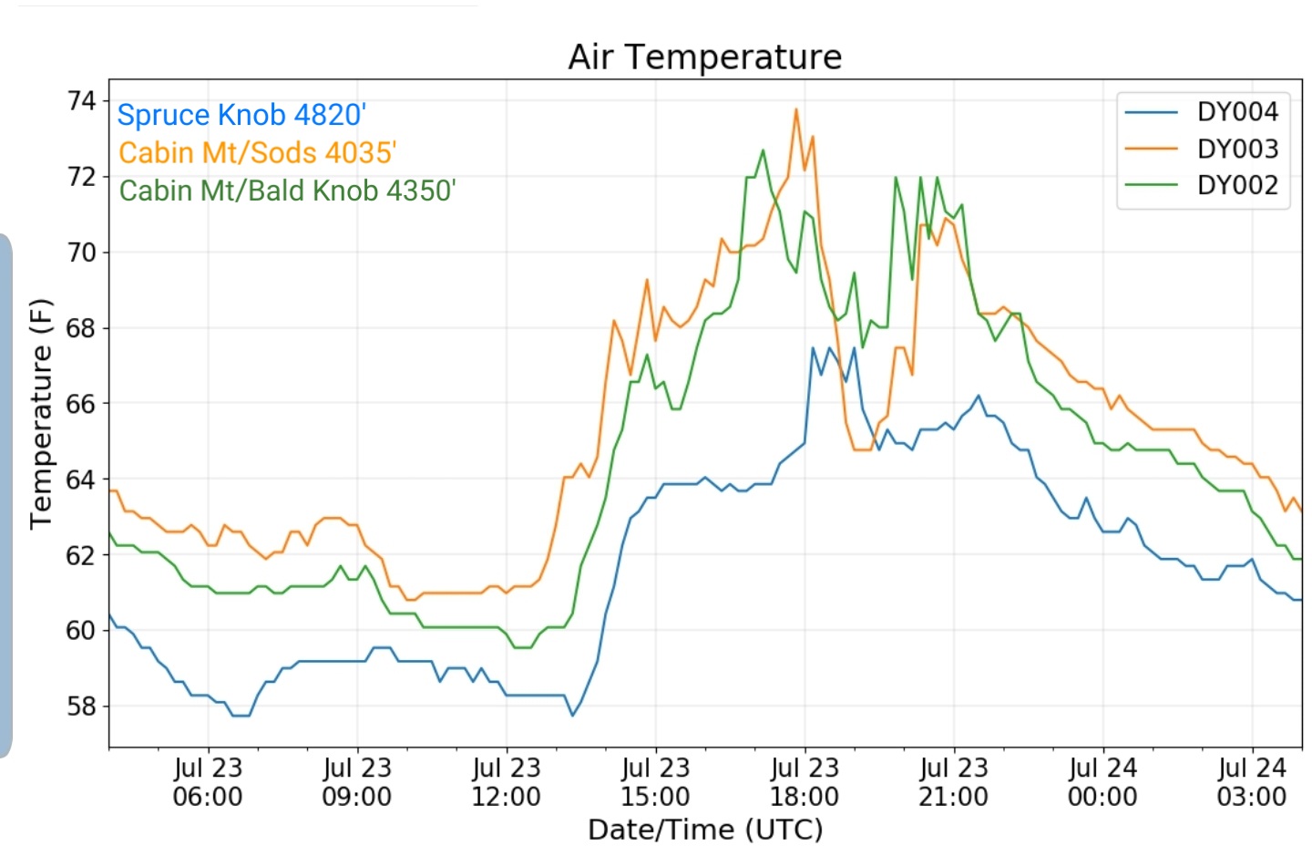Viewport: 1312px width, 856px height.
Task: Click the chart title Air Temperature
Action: tap(704, 57)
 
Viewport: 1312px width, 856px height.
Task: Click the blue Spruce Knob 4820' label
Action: tap(241, 115)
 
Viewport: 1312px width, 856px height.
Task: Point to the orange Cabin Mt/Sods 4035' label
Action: tap(257, 153)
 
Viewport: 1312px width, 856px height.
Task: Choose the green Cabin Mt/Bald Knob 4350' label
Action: tap(287, 191)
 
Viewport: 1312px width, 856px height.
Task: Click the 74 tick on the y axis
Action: tap(81, 101)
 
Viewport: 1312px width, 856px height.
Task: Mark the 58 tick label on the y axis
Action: tap(81, 706)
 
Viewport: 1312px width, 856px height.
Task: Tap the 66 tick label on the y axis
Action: tap(81, 404)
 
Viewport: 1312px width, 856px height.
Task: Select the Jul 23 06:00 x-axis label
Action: tap(208, 782)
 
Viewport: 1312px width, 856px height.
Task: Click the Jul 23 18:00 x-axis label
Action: tap(805, 782)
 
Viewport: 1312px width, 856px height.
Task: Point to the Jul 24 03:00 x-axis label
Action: tap(1252, 782)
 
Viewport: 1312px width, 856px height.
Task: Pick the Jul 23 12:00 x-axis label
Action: tap(507, 782)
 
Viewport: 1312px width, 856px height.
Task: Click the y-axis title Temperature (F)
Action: tap(41, 414)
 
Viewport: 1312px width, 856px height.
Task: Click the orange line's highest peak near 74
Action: tap(796, 109)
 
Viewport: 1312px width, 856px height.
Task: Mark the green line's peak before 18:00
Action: tap(763, 150)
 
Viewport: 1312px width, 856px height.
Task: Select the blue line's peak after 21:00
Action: tap(979, 396)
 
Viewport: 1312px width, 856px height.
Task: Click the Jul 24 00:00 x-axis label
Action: tap(1102, 782)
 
